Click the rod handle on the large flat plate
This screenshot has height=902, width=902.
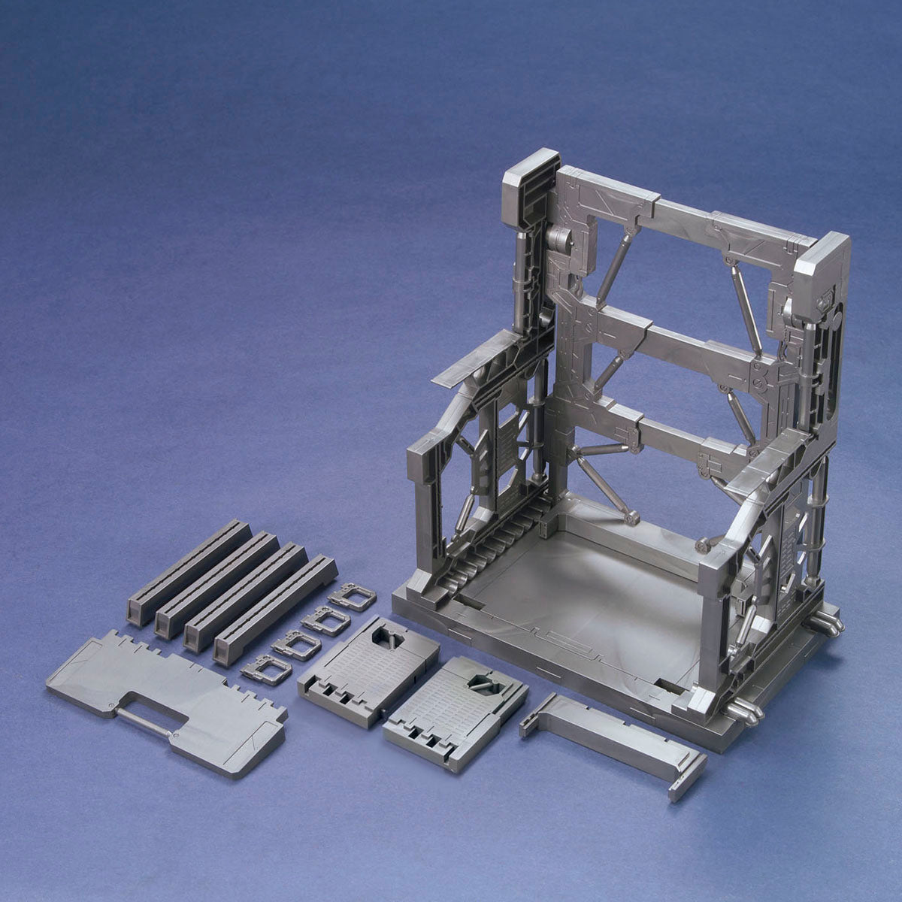[150, 719]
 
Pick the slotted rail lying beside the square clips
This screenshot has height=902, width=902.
[274, 609]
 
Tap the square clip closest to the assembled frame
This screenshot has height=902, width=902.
[353, 598]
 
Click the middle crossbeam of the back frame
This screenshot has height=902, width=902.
[676, 339]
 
